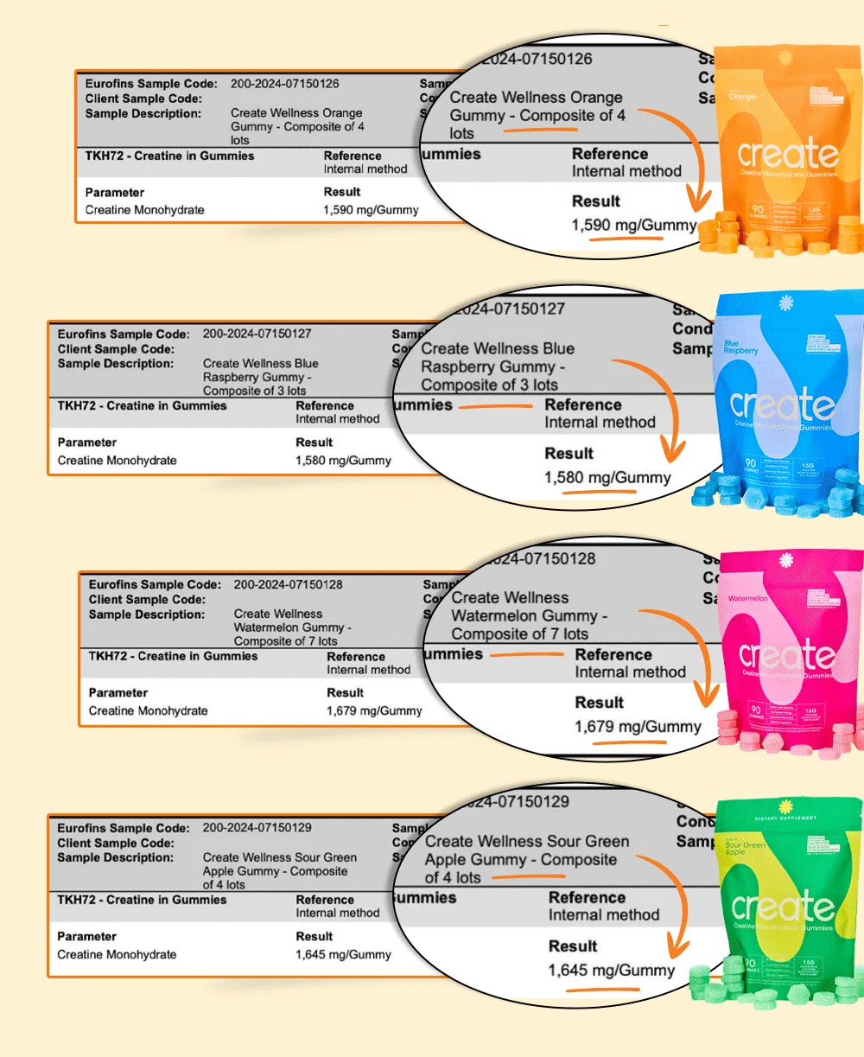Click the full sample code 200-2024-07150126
284,84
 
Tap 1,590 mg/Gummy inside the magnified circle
633,226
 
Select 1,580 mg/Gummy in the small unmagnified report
343,461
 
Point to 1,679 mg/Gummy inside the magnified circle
638,727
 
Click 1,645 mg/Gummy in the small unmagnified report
343,955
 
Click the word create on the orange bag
788,156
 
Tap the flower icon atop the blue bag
785,303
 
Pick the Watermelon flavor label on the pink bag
747,598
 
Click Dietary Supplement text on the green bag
785,818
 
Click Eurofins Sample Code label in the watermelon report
155,584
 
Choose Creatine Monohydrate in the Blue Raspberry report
117,461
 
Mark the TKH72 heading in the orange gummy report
169,156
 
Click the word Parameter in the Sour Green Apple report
86,936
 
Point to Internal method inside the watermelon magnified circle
630,672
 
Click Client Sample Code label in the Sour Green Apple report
115,843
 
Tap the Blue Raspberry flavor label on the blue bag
740,347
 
